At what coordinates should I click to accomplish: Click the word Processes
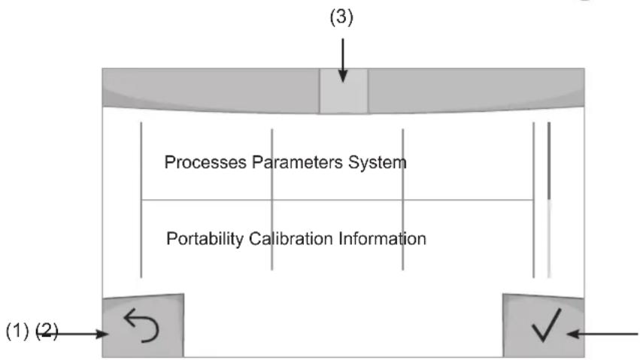point(205,162)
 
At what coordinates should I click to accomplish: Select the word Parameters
point(297,162)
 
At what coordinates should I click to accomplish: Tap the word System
point(377,162)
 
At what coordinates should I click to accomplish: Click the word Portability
point(205,238)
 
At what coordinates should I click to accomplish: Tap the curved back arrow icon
point(141,325)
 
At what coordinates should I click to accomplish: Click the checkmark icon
point(547,325)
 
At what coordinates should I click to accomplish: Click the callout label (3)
point(341,17)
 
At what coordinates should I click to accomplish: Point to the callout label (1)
point(17,331)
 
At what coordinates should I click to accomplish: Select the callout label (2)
point(47,331)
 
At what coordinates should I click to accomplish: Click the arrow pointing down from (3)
point(343,60)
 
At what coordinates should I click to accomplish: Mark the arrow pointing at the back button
point(75,334)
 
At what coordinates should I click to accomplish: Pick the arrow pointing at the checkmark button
point(602,334)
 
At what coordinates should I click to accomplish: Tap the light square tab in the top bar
point(343,91)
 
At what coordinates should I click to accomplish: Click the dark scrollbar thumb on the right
point(549,161)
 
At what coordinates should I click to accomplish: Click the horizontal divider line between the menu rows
point(337,200)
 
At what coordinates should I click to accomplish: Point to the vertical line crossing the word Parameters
point(272,199)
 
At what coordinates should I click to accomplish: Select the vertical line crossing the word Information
point(403,199)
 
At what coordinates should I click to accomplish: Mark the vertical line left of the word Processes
point(141,200)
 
